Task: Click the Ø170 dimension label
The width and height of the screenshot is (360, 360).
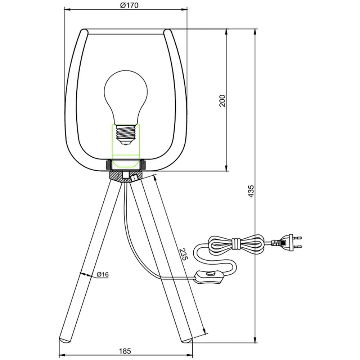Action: [x=129, y=5]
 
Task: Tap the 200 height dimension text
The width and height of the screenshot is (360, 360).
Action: [x=222, y=100]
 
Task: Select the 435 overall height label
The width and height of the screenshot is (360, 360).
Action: [x=251, y=191]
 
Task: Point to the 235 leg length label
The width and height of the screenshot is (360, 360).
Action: [x=184, y=254]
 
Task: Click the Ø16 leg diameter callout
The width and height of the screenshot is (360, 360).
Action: [x=102, y=274]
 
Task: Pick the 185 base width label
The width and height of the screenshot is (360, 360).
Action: [x=125, y=351]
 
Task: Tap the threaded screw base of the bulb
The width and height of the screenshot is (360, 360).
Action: [x=126, y=135]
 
